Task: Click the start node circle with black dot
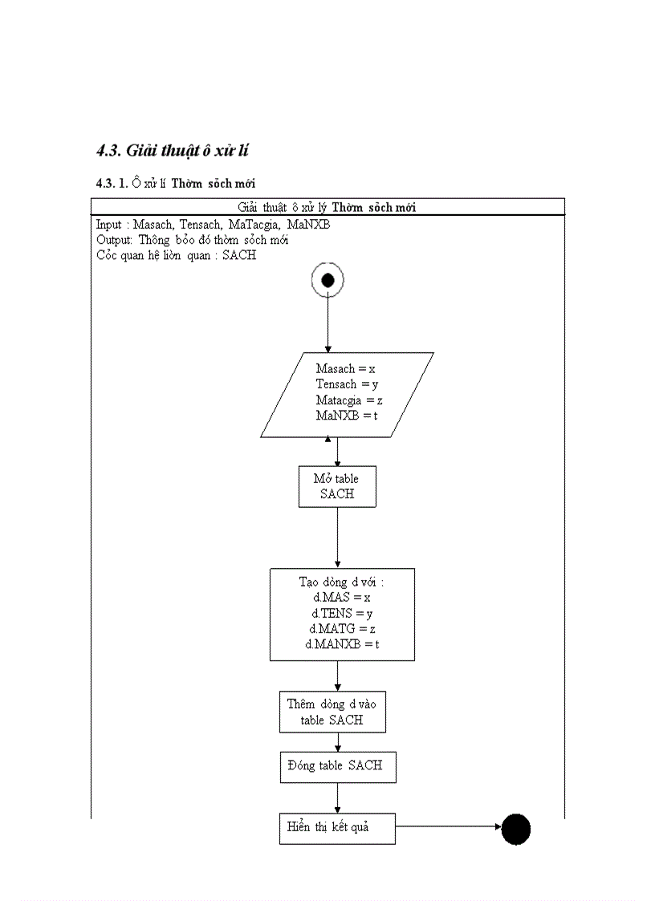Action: click(x=327, y=280)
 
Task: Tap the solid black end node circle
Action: click(x=516, y=829)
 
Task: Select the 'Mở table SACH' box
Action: click(x=337, y=486)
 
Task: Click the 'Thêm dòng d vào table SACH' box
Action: click(x=332, y=712)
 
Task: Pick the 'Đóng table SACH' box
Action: click(x=337, y=766)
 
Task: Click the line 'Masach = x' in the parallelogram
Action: click(x=346, y=369)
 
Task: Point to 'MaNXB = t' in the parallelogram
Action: click(x=347, y=416)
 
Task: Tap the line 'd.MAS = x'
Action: click(x=341, y=597)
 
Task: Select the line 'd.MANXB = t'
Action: click(x=342, y=644)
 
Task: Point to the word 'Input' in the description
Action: click(x=108, y=225)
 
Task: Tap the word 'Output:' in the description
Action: click(x=114, y=240)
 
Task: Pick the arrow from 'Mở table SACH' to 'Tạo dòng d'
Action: click(x=337, y=538)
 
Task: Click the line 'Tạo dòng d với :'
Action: click(x=342, y=582)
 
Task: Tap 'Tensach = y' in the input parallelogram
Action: click(x=347, y=384)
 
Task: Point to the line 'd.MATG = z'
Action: click(x=342, y=628)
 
